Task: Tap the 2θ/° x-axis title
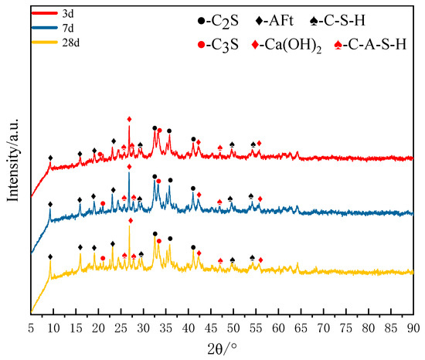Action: pyautogui.click(x=223, y=347)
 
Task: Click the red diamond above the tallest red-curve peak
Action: pyautogui.click(x=129, y=118)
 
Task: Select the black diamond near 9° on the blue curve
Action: pyautogui.click(x=51, y=205)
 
